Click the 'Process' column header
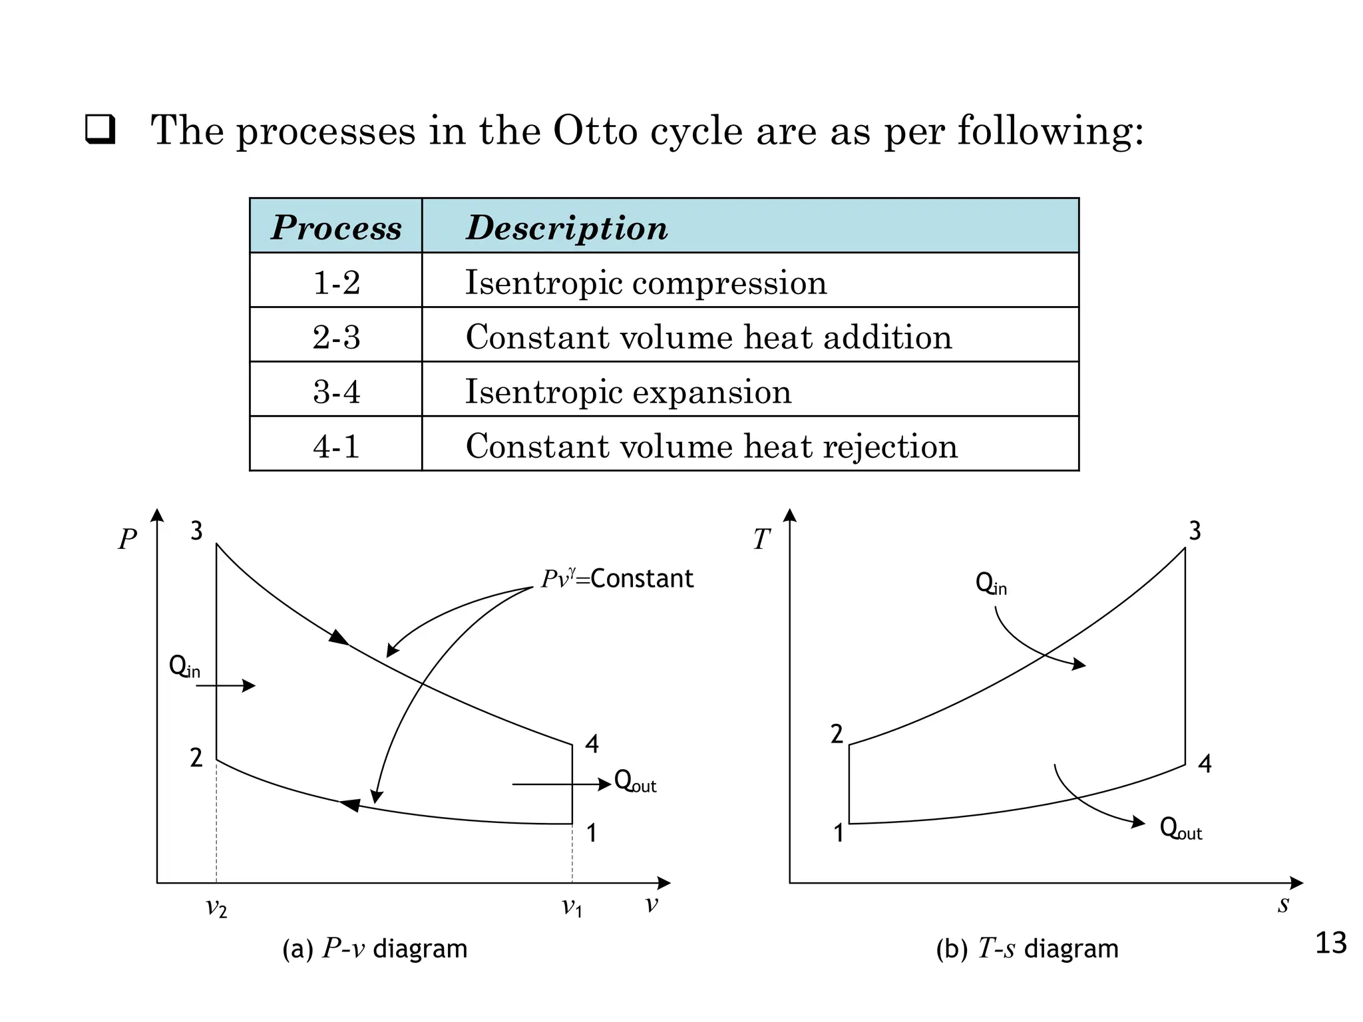336,228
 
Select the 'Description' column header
566,228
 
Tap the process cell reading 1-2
336,282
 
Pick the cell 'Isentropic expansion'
628,391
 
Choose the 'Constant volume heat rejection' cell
711,446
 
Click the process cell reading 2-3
336,337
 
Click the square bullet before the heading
100,130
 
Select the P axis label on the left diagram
127,540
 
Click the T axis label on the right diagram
761,540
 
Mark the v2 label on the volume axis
216,908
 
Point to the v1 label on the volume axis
572,908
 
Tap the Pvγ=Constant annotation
617,578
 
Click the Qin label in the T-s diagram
991,584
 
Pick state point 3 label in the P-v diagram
196,532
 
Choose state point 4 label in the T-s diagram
1205,764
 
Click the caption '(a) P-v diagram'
375,949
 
